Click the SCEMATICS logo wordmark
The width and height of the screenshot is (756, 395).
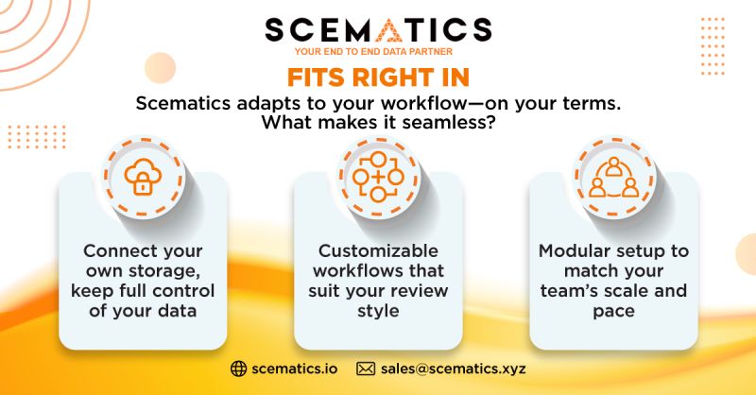(x=378, y=29)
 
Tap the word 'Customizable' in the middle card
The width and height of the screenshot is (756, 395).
(x=378, y=250)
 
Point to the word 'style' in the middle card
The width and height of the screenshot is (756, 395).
(x=378, y=311)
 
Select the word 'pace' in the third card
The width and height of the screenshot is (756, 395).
(x=613, y=311)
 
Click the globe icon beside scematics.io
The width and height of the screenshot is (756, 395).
(x=238, y=369)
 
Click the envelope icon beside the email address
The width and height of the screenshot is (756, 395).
(x=366, y=369)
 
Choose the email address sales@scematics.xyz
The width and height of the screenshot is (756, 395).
(x=454, y=369)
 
